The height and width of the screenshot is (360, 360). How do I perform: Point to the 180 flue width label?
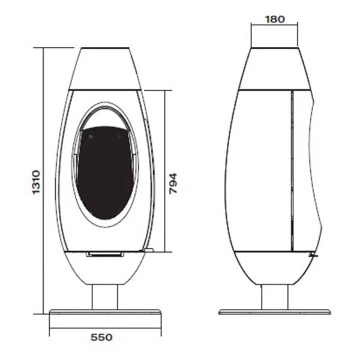[x=274, y=18]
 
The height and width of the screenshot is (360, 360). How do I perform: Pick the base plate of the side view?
[x=275, y=312]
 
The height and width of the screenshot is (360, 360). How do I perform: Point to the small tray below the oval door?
[x=105, y=254]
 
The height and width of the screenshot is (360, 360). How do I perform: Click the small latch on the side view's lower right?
[x=311, y=254]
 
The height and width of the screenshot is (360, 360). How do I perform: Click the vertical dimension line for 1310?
[x=43, y=180]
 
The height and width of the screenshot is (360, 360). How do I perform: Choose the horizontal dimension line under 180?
[x=274, y=26]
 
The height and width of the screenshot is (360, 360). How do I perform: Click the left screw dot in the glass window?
[x=90, y=136]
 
